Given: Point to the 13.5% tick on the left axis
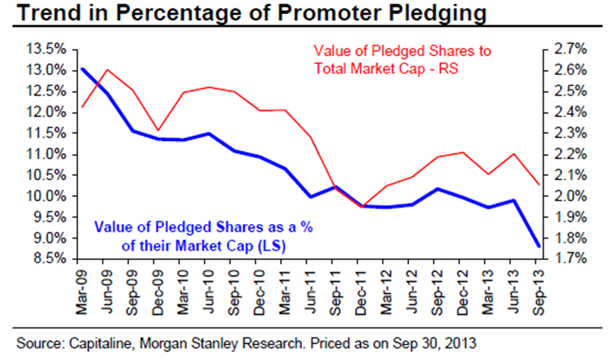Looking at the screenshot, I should point(50,50).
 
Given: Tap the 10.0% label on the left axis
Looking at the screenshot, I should point(50,196).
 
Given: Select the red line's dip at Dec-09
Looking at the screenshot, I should point(159,130).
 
